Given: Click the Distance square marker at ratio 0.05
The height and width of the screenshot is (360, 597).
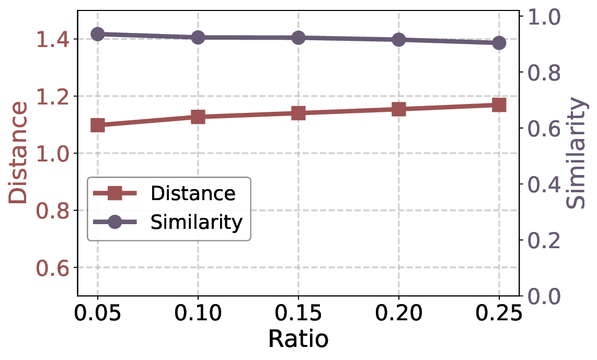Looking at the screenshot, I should pos(98,125).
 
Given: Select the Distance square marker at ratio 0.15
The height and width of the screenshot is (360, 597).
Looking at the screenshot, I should pos(298,113).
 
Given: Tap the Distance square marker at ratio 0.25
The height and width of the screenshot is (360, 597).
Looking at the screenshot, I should pos(499,105).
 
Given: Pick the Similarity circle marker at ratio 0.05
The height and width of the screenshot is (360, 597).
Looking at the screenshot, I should pos(98,34).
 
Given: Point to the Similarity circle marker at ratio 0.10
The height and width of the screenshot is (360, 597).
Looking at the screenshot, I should pos(198,38).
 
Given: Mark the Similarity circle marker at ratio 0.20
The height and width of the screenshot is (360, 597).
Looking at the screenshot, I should pos(399,40).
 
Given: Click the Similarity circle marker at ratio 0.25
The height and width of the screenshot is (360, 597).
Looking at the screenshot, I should pos(499,43).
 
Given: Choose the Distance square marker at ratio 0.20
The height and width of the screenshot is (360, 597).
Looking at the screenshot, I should pos(399,109).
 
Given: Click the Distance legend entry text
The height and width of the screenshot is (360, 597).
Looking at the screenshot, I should pos(193,194).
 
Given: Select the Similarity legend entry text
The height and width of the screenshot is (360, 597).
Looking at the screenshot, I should pos(197,223).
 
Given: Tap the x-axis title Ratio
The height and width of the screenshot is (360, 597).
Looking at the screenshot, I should pos(298,339).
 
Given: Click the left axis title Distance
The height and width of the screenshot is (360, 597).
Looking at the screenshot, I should pos(19,153).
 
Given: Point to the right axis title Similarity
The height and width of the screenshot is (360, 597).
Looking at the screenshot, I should pos(576,153).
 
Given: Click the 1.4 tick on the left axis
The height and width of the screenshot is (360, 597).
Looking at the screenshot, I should pos(52,39).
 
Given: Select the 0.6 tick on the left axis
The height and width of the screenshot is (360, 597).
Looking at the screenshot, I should pos(52,268).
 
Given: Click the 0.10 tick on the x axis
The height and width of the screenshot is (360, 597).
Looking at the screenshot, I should pos(198,314).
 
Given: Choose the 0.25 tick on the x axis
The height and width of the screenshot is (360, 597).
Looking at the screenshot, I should pos(499,314).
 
